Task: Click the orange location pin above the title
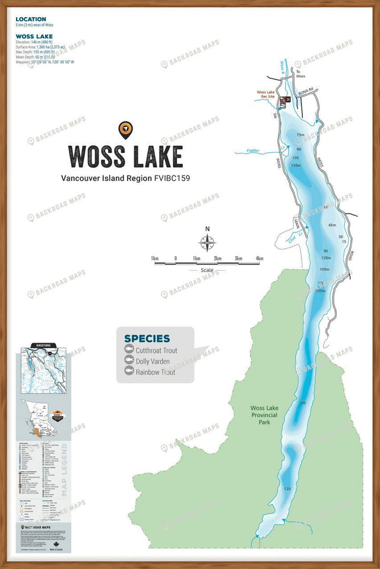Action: tap(125, 129)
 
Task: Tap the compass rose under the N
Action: tap(207, 242)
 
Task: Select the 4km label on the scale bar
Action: tap(259, 258)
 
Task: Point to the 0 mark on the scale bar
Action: tap(175, 258)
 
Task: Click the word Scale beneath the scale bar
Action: tap(207, 270)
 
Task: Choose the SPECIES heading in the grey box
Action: tap(147, 339)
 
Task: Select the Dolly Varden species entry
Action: tap(153, 362)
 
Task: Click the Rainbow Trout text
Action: tap(156, 372)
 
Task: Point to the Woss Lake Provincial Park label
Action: tap(268, 413)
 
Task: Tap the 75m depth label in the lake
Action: tap(300, 135)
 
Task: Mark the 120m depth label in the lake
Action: tap(326, 258)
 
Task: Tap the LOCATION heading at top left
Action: tap(31, 20)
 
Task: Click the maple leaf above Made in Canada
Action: tap(57, 545)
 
